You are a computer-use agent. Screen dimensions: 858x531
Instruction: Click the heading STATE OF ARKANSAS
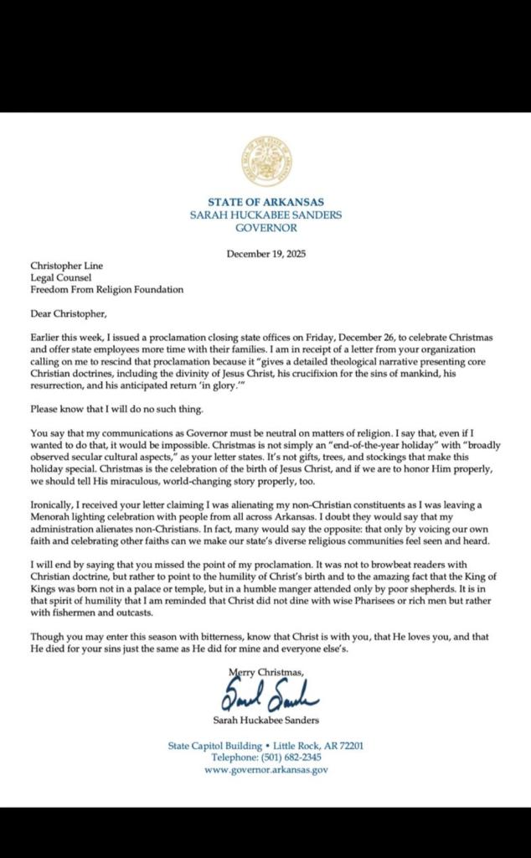[x=265, y=202]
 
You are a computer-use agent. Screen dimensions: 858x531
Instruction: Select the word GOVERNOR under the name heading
[x=265, y=227]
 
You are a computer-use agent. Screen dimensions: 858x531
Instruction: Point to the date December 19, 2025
[x=265, y=255]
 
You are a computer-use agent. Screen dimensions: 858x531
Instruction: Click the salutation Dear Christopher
[x=70, y=314]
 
